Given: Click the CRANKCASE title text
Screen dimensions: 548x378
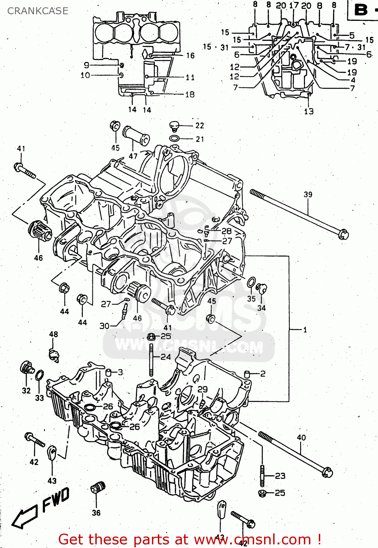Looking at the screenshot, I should pos(38,11).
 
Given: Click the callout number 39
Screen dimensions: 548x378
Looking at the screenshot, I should pos(308,194).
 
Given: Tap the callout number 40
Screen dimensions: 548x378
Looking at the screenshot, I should pos(301,437).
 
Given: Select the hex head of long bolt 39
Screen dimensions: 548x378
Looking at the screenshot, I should pos(343,234).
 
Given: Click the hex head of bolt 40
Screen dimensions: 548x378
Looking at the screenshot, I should pos(328,472).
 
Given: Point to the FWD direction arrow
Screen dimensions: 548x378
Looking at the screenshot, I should pos(26,516).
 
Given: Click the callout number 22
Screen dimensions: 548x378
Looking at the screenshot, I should pos(199,125).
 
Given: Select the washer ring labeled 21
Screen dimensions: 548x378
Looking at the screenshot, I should pos(175,138).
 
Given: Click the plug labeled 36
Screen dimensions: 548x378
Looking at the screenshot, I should pos(98,488).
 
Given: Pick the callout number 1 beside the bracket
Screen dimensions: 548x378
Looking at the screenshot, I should pos(305,330).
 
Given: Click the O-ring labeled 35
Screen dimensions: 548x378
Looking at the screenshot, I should pos(251,282).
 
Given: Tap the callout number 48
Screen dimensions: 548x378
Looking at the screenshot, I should pos(54,334).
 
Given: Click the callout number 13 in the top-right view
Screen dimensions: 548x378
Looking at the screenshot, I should pos(309,111).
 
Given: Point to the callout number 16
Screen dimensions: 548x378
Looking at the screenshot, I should pos(190,56).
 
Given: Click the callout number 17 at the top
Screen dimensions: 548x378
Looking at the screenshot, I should pos(294,5).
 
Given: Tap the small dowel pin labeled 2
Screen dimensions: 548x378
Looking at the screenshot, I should pos(247,374).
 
